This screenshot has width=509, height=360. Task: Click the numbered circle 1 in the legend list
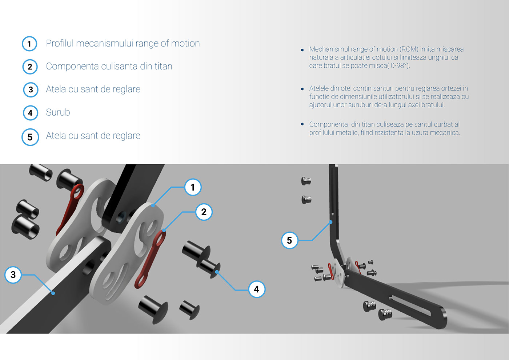point(29,44)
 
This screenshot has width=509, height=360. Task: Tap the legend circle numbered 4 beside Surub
point(30,113)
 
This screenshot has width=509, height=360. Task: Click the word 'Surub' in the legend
point(58,112)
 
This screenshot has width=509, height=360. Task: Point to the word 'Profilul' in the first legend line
point(60,43)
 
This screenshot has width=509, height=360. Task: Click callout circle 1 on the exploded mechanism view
point(193,187)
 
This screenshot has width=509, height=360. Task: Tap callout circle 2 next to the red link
point(204,212)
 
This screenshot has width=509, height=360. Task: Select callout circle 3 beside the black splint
point(13,275)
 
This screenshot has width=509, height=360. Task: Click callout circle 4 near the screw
point(256,289)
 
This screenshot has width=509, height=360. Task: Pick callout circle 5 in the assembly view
point(289,240)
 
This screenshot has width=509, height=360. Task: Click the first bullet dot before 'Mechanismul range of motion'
point(302,50)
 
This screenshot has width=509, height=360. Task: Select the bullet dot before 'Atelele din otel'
point(302,89)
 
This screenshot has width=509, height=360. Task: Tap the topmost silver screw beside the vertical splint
point(306,180)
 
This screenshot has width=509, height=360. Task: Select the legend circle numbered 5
point(30,137)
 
